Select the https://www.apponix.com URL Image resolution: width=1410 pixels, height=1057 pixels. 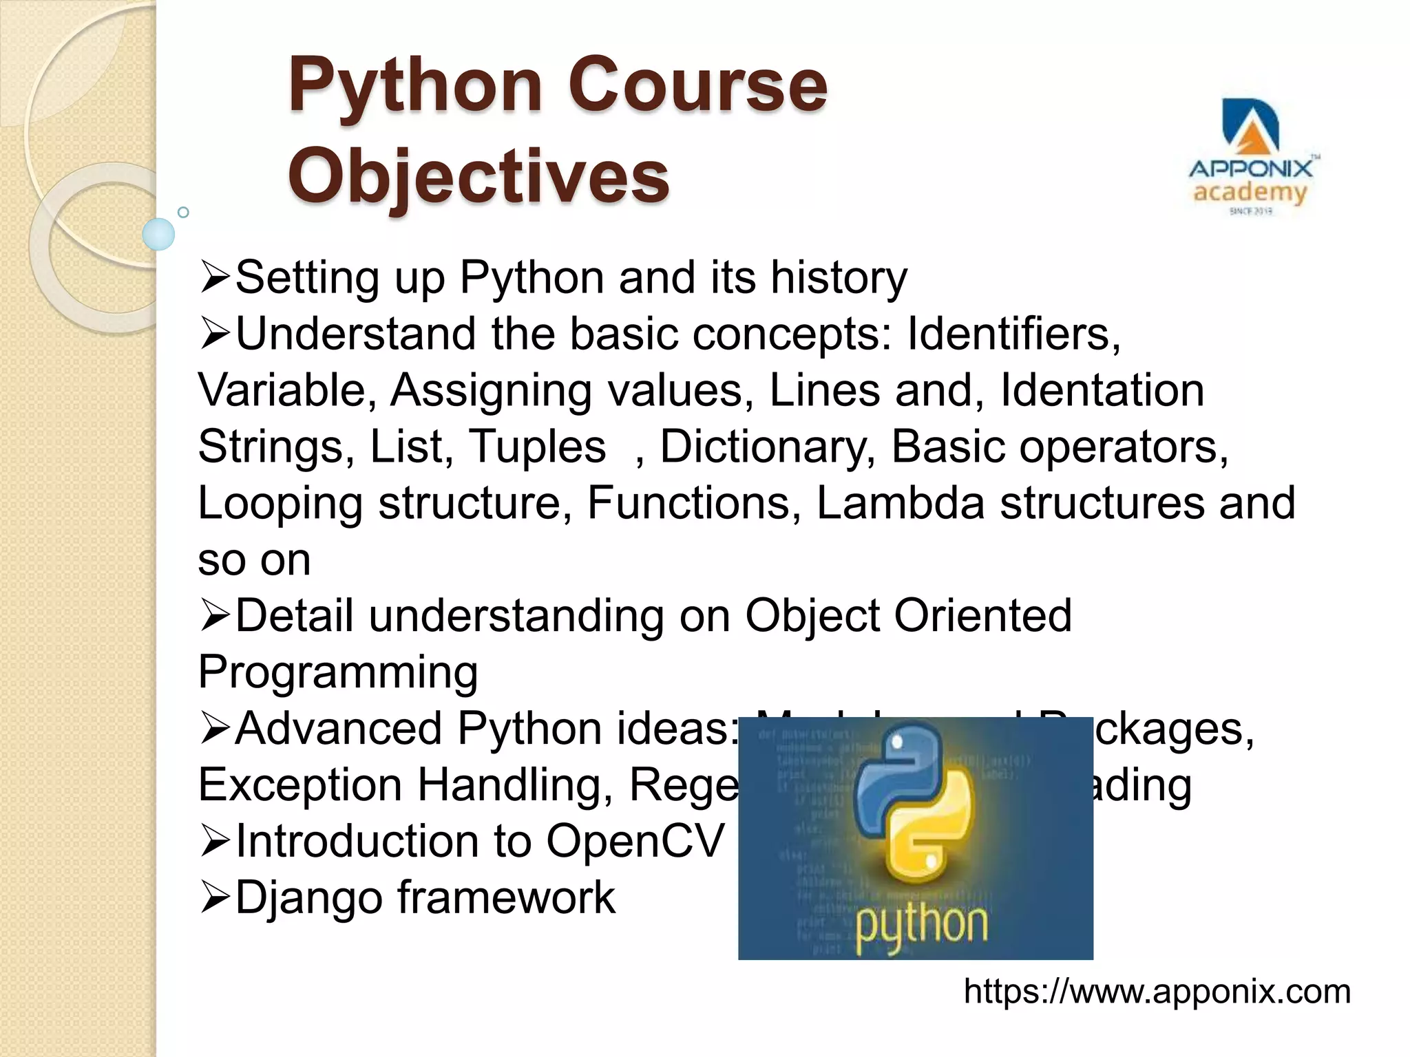(1157, 992)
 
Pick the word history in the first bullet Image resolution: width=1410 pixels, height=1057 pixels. (839, 278)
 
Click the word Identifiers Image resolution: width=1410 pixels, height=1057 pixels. (1013, 334)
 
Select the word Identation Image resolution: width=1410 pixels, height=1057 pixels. (1102, 390)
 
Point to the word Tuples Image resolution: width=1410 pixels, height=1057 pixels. (537, 447)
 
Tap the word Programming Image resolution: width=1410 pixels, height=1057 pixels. (338, 672)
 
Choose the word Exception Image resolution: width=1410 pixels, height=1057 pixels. (300, 784)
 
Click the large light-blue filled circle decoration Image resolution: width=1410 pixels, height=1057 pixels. (159, 234)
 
